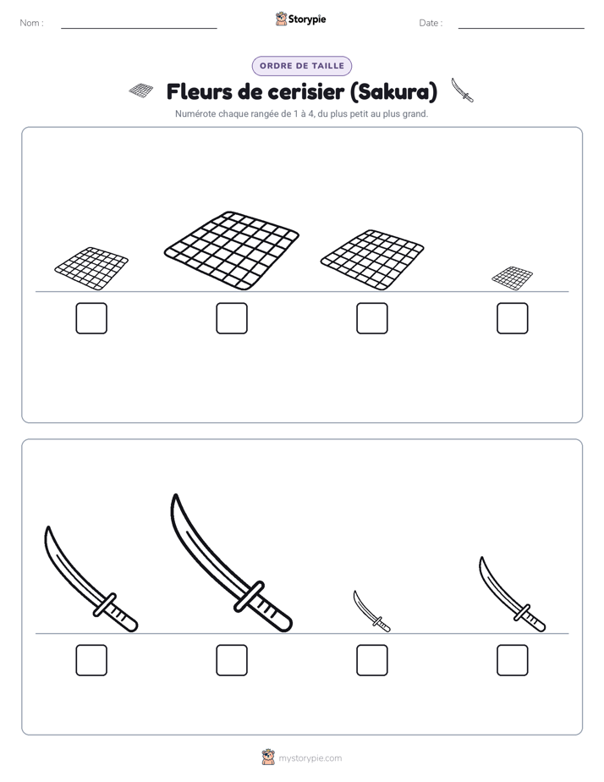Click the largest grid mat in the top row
click(232, 251)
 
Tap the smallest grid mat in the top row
click(513, 278)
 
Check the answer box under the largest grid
click(232, 318)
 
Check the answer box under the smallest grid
click(513, 318)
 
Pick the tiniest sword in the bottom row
click(371, 611)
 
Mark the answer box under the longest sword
click(232, 660)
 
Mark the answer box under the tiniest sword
click(372, 660)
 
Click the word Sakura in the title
click(393, 91)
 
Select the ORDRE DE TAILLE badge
click(302, 66)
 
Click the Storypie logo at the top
click(301, 19)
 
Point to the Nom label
click(31, 23)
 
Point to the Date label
click(431, 23)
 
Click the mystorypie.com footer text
click(310, 758)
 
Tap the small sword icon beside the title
click(463, 91)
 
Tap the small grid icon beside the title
click(141, 91)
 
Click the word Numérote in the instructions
click(195, 114)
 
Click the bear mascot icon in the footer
click(268, 757)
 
